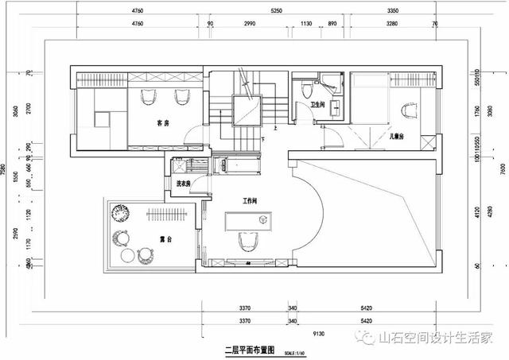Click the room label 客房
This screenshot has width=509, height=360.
[163, 123]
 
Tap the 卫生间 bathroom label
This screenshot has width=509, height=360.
[316, 104]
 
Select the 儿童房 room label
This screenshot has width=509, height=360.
[397, 137]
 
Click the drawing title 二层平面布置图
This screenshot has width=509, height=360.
[249, 349]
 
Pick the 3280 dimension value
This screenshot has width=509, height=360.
[391, 25]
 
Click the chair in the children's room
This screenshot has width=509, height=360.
[410, 114]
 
